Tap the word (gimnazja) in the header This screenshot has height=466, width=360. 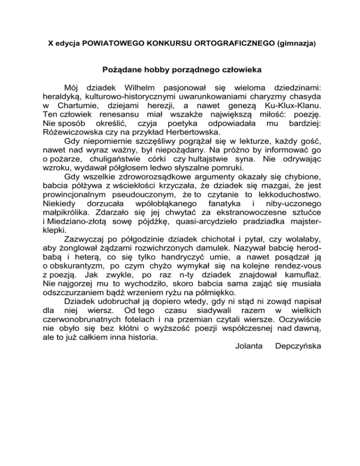coord(296,44)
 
